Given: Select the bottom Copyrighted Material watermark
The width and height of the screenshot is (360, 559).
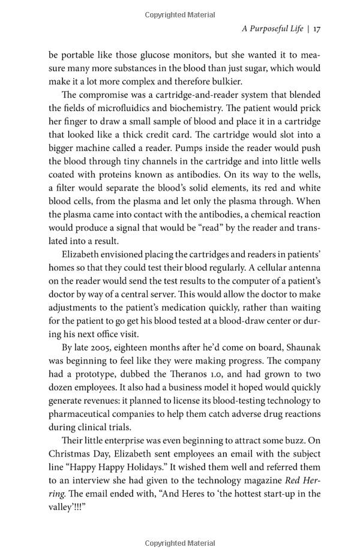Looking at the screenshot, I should [x=180, y=543].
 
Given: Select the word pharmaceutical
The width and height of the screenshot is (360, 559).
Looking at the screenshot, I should [x=83, y=414].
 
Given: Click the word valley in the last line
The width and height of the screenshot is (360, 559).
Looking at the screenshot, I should [x=61, y=507].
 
